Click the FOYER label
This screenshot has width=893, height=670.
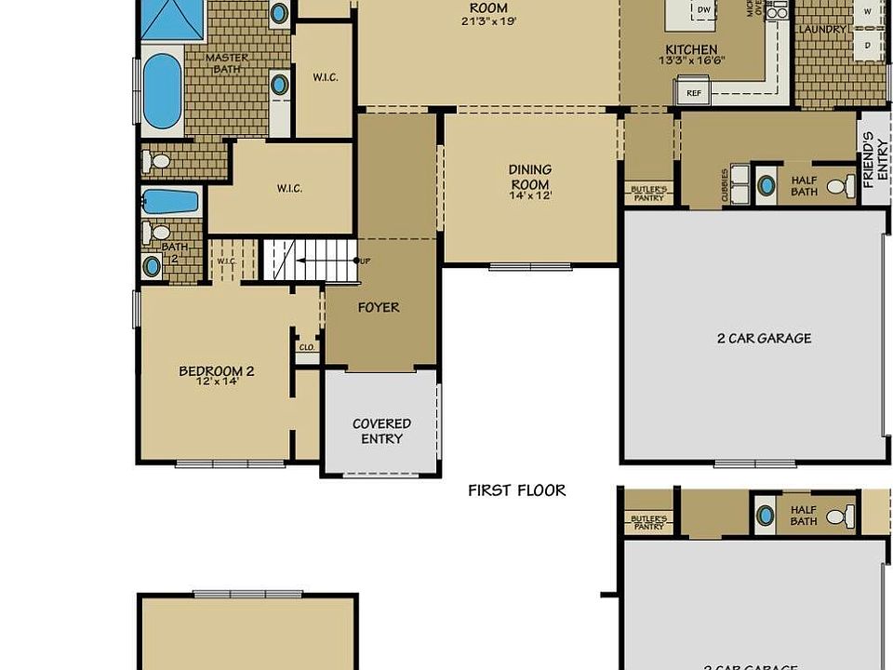[x=379, y=307]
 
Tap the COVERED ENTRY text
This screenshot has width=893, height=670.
[x=381, y=431]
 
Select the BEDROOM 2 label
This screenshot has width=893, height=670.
[x=216, y=370]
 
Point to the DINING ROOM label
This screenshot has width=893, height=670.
[x=530, y=177]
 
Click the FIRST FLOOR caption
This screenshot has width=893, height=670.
[x=516, y=490]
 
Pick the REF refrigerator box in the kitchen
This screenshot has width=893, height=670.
[x=693, y=92]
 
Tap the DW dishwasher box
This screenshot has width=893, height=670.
[x=704, y=10]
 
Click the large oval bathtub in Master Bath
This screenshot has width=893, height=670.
[x=163, y=90]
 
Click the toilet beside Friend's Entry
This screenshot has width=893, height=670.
[x=839, y=186]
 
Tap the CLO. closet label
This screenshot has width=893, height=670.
[x=306, y=347]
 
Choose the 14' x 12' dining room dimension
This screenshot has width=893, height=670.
[x=530, y=195]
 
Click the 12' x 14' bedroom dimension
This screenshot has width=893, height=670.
[x=216, y=382]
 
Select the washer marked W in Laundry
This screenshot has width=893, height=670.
[x=867, y=11]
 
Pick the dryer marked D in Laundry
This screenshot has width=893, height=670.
[x=867, y=44]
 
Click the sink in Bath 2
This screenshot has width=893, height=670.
[x=152, y=266]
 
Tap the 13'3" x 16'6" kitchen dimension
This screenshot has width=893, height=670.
[x=690, y=60]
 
